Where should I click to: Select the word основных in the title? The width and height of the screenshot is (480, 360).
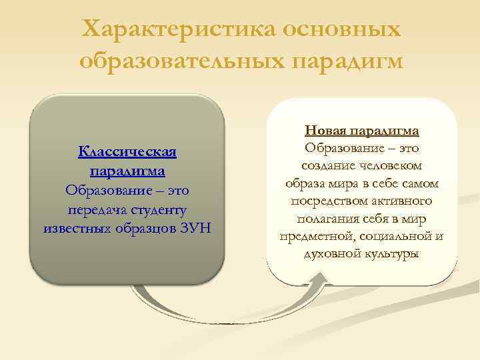343,29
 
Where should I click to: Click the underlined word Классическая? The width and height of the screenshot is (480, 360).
127,152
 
